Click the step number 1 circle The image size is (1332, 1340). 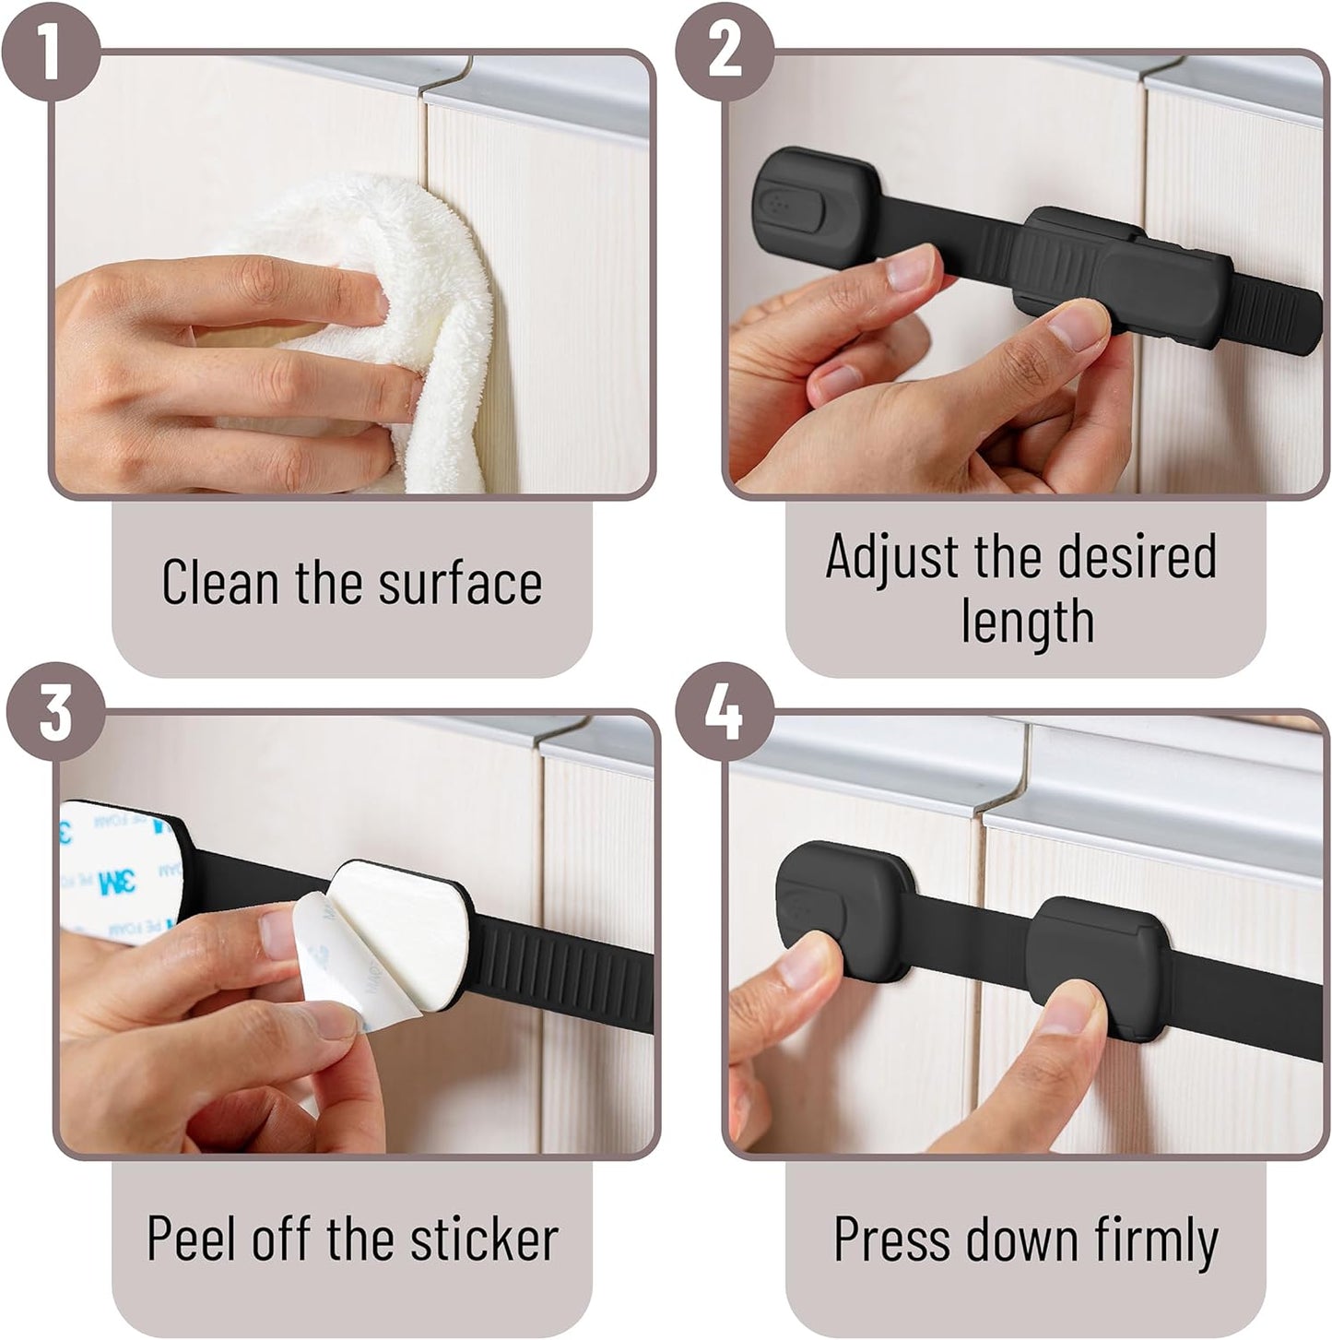(50, 50)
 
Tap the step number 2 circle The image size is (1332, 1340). (725, 52)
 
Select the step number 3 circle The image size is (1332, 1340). (55, 711)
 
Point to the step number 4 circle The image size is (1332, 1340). (725, 711)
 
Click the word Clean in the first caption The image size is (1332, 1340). (220, 581)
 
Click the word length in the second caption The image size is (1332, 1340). (1027, 621)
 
